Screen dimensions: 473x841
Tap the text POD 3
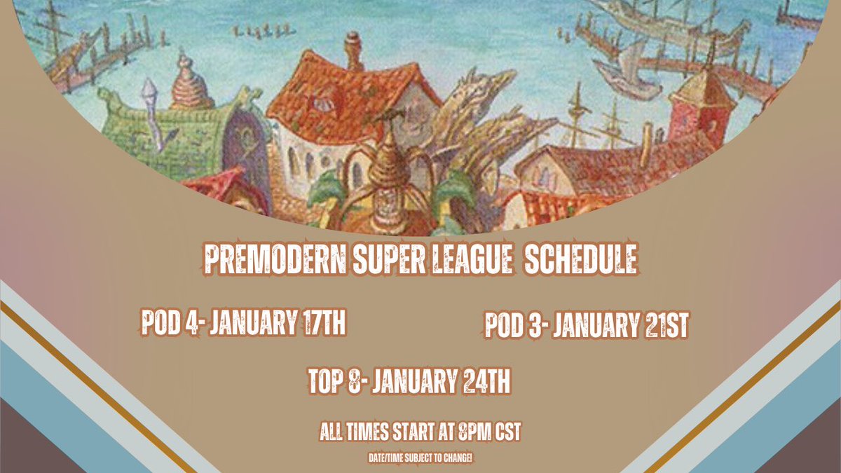coord(511,326)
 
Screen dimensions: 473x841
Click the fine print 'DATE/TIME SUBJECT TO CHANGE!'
coord(420,458)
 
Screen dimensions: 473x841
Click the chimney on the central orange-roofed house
coord(354,50)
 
